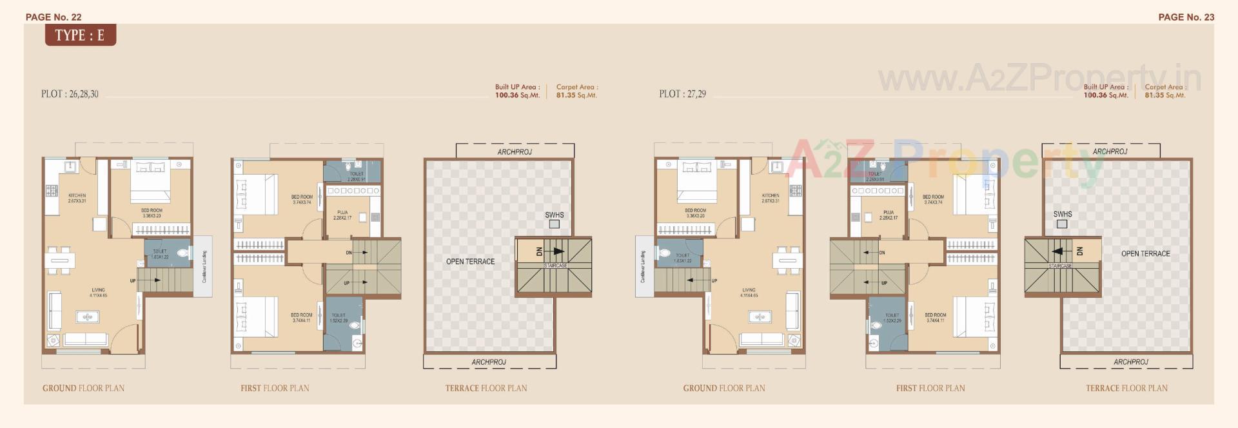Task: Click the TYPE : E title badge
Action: click(80, 35)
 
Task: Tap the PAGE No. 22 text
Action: click(54, 17)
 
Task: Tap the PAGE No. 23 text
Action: click(1186, 17)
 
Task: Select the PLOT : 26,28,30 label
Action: click(70, 94)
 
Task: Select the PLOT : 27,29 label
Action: click(682, 94)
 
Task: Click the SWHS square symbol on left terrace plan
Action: click(554, 224)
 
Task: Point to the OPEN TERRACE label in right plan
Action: click(1145, 254)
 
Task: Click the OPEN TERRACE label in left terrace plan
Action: click(470, 262)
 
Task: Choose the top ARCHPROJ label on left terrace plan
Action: click(515, 152)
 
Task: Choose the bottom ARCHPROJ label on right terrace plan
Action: click(1130, 362)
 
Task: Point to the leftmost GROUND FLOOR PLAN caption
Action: click(83, 388)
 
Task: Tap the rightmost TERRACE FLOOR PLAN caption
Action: click(1126, 388)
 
